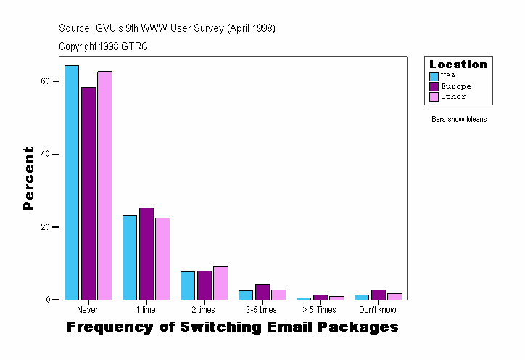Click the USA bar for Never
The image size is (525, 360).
72,182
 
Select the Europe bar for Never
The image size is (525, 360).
88,193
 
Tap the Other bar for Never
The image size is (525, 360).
104,185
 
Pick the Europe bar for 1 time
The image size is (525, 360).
146,253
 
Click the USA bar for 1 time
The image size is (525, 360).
130,257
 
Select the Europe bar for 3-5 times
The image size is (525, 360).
262,292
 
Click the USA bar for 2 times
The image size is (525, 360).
188,285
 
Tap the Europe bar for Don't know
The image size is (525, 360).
379,295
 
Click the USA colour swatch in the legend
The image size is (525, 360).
434,76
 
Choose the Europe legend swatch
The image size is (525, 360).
434,86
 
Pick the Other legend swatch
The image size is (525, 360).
434,97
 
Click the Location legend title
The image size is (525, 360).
458,65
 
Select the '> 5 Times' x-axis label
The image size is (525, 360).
319,310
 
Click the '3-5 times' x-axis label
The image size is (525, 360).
262,310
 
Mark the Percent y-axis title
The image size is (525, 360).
28,179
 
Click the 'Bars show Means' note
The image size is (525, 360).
459,119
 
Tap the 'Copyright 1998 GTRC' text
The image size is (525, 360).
104,46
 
